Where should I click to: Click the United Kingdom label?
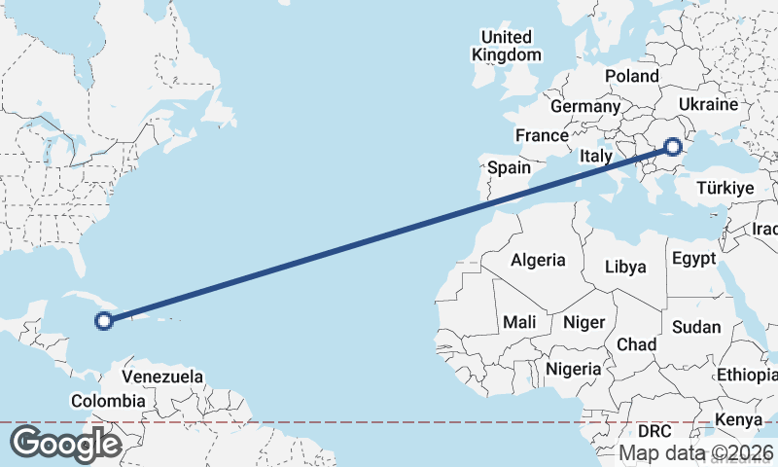[506, 46]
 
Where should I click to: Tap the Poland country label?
[631, 76]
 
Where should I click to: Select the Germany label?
[584, 106]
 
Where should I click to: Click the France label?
[542, 135]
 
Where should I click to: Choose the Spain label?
[509, 167]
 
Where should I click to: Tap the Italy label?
[595, 156]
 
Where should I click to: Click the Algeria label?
[538, 260]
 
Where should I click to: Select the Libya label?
[625, 267]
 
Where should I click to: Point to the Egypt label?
[693, 259]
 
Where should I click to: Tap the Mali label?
[519, 322]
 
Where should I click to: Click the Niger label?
[584, 322]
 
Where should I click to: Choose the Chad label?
[637, 344]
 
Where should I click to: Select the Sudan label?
[695, 327]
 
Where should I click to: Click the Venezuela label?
[162, 377]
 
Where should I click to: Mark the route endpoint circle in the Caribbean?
[103, 319]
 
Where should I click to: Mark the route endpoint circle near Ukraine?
[673, 147]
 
